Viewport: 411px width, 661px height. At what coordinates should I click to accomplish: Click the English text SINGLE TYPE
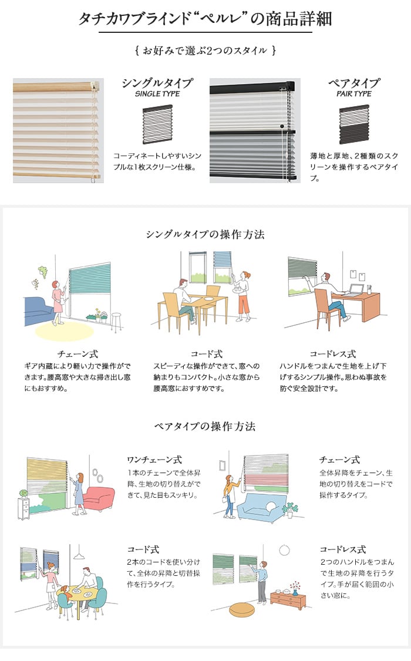tap(157, 93)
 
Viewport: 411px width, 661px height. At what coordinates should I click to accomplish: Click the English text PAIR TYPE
tap(353, 93)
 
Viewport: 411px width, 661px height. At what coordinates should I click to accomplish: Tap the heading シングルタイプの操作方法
tap(206, 234)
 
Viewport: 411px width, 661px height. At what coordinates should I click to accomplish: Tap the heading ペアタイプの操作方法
tap(205, 426)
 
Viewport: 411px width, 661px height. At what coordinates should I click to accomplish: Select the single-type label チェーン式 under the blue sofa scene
tap(78, 354)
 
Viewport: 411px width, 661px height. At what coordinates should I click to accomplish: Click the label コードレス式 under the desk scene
tap(333, 354)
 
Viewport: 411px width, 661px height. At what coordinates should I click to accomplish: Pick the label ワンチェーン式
tap(154, 460)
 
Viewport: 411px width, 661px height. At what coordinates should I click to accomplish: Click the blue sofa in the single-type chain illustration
tap(38, 311)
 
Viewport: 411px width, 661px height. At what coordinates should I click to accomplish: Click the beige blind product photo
tap(58, 131)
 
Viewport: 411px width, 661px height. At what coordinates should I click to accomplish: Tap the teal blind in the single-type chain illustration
tap(90, 279)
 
